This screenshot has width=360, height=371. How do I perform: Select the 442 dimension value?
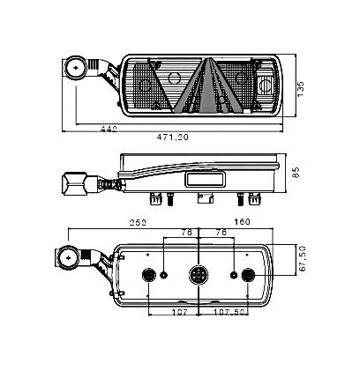point(109,129)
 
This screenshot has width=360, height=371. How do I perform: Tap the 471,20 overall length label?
point(172,137)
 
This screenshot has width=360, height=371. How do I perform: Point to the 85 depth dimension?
point(296,173)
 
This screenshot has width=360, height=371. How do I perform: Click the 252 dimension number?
point(138,222)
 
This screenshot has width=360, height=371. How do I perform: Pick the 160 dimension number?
point(242,221)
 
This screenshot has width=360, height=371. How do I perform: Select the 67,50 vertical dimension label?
point(302,258)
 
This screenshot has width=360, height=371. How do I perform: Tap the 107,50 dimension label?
point(229,312)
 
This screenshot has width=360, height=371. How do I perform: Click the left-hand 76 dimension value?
point(186,233)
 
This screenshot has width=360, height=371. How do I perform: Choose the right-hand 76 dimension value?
point(221,232)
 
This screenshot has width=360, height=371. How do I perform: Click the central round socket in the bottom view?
point(199,275)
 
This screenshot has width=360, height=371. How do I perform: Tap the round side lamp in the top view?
point(76,68)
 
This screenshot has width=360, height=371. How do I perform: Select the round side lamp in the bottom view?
point(68,258)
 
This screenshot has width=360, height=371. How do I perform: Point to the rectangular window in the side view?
point(205,179)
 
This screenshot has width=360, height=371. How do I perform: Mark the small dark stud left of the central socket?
point(163,275)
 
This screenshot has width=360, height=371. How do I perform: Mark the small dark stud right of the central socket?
point(234,275)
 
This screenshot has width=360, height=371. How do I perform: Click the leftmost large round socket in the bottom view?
point(148,275)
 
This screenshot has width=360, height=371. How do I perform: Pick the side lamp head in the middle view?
point(75,184)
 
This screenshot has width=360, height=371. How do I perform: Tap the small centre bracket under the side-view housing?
point(206,198)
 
